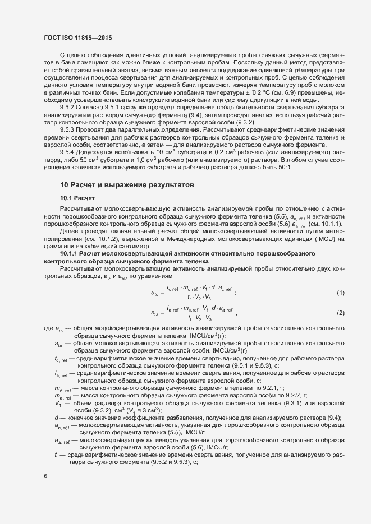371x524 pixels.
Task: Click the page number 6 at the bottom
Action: pos(45,476)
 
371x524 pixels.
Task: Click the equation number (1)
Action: pos(340,293)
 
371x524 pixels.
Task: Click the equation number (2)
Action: pos(340,312)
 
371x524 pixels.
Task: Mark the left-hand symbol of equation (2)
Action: pos(154,312)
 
